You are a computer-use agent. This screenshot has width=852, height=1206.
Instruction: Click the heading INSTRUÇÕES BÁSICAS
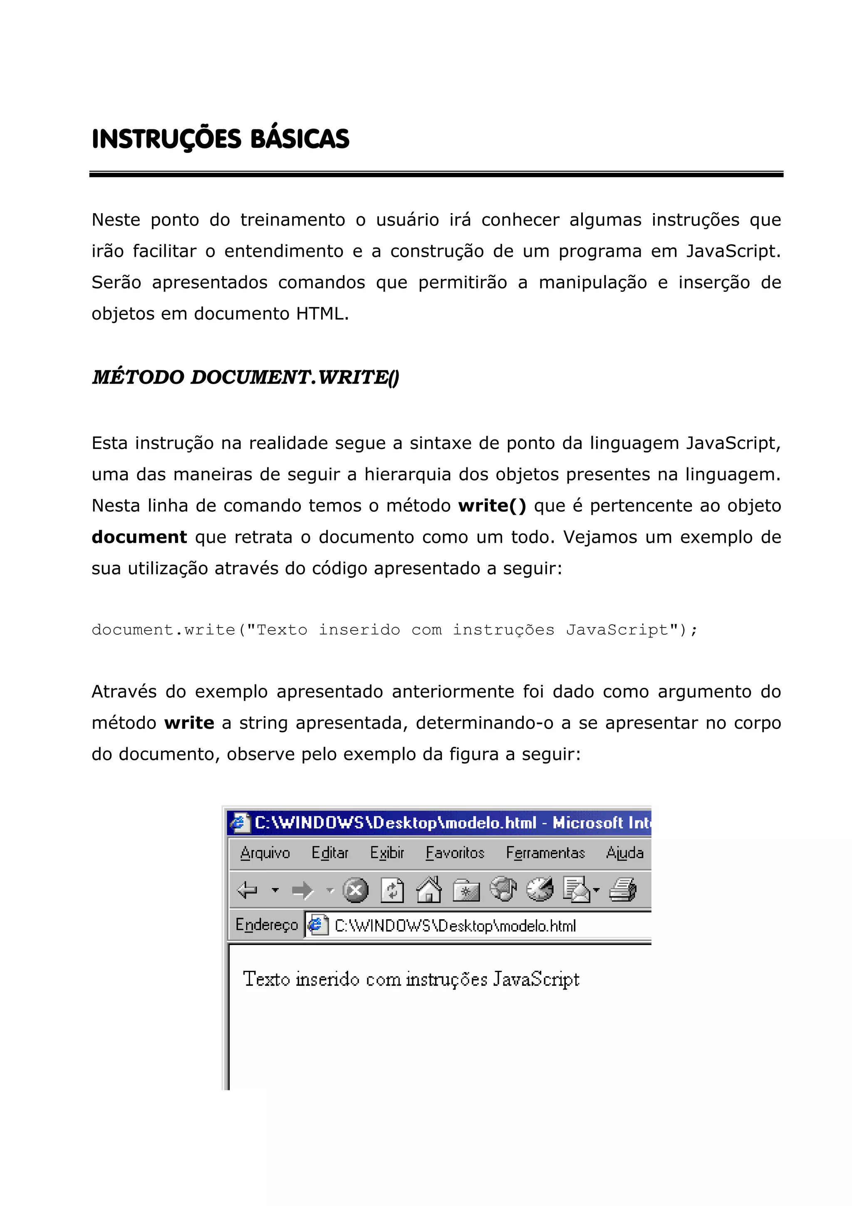(220, 139)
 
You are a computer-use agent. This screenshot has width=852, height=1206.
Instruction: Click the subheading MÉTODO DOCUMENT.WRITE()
(245, 377)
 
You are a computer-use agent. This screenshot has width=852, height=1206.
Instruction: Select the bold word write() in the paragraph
(491, 506)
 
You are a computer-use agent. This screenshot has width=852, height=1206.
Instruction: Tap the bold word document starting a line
(139, 537)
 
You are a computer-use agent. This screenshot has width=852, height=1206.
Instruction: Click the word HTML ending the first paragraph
(321, 314)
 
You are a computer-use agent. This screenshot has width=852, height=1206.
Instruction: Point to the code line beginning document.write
(394, 630)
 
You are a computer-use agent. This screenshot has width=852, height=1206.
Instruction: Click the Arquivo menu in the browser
(265, 853)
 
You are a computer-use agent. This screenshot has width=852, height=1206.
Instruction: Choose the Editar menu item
(329, 853)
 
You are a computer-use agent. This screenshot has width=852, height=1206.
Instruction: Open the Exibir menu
(387, 853)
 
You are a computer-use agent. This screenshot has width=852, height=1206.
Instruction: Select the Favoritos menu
(455, 853)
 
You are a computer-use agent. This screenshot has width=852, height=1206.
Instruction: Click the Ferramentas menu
(545, 853)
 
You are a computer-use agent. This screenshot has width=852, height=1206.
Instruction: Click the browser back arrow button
(247, 890)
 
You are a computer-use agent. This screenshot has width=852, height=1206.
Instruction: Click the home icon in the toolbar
(428, 890)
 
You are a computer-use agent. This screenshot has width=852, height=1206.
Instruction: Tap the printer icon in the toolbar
(623, 890)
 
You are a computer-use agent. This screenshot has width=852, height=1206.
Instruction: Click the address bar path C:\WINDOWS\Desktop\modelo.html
(455, 926)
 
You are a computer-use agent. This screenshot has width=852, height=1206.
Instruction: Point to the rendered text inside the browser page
(411, 980)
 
